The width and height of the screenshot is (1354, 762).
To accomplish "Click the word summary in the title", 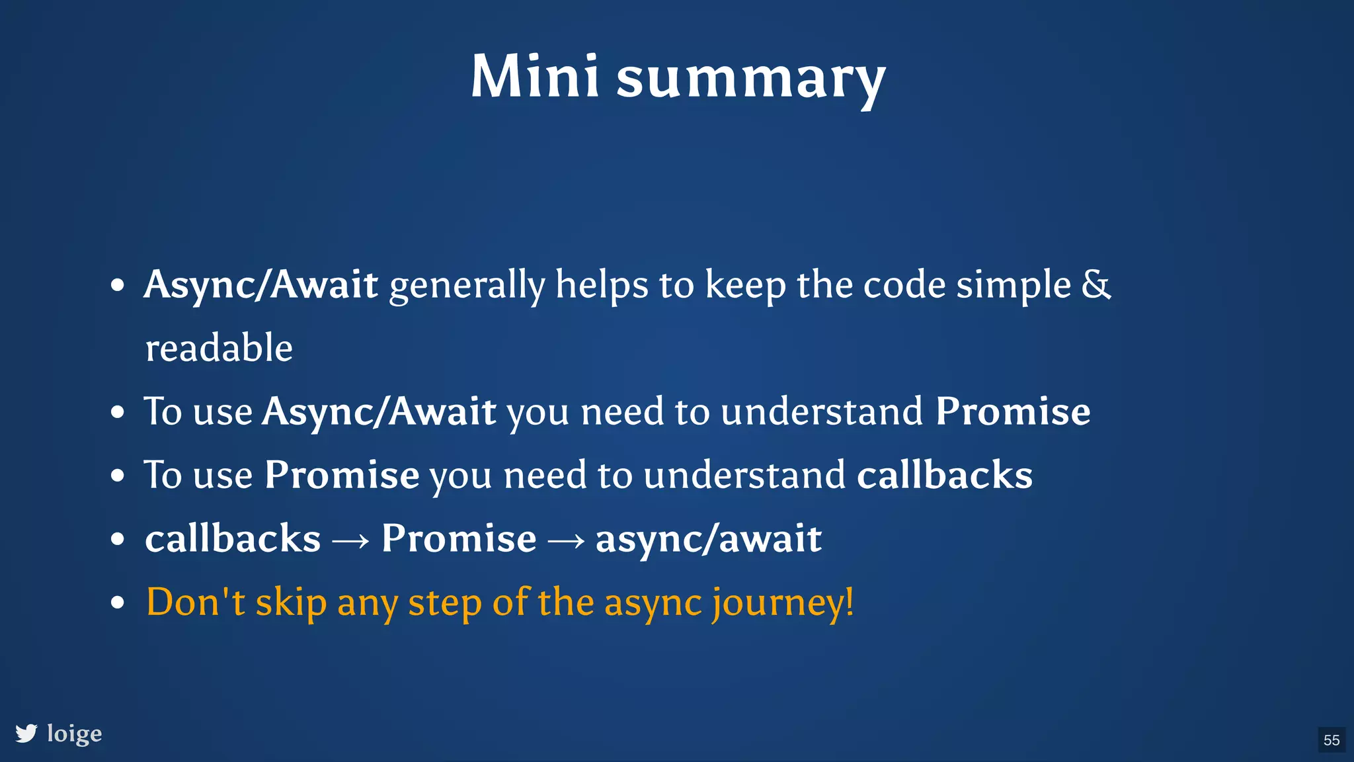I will [x=750, y=79].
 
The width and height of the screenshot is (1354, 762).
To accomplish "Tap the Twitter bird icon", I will [x=26, y=734].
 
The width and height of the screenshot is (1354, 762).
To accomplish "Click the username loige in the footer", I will [x=75, y=734].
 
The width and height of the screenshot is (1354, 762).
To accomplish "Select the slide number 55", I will [x=1332, y=740].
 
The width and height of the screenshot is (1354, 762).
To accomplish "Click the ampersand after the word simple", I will [x=1096, y=284].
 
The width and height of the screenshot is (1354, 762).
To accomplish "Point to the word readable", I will [x=219, y=348].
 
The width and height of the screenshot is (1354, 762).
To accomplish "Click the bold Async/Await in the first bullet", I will [x=261, y=284].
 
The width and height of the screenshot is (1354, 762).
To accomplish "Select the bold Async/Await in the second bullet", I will [x=379, y=411].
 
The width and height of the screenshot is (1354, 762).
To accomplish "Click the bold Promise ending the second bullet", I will [x=1012, y=411].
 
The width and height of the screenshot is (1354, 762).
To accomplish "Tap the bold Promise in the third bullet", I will [x=342, y=475].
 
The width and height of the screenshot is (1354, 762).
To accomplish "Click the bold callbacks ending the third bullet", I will [x=945, y=475].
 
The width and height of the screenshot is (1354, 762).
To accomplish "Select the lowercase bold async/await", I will [x=709, y=538].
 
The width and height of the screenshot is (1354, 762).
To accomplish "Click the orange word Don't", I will [x=195, y=602].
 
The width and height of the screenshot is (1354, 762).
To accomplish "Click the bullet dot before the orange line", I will [x=118, y=603].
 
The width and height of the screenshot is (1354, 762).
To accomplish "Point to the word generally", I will [x=467, y=286].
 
